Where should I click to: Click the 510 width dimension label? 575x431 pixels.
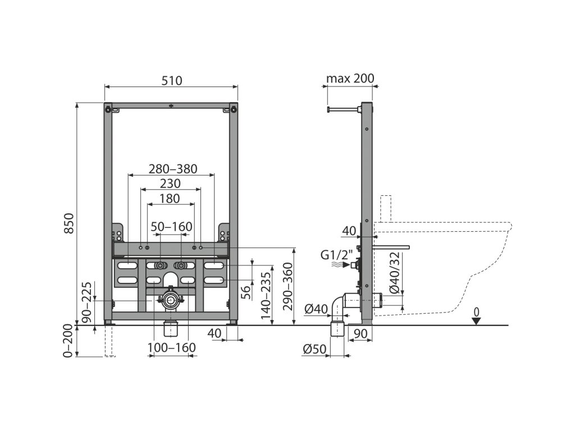click(172, 80)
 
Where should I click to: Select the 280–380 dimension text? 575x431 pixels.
click(172, 169)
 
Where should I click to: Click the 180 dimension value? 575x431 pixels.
click(169, 198)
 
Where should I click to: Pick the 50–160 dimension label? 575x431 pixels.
click(171, 227)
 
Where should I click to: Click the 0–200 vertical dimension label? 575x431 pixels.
click(68, 341)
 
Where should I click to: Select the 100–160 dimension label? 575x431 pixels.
click(172, 348)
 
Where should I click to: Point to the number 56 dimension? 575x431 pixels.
click(245, 291)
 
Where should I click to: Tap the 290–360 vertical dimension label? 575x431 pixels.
click(286, 287)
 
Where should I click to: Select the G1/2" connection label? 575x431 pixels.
click(333, 255)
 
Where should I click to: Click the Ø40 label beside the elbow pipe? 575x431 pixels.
click(316, 308)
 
